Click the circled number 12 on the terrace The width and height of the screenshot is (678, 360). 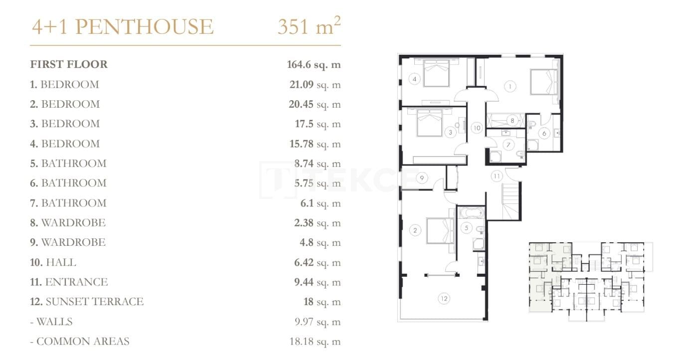tap(444, 299)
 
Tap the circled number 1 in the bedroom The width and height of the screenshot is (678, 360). tap(509, 87)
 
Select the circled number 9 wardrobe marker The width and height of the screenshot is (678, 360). tap(422, 178)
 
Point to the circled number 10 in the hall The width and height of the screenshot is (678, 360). tap(477, 128)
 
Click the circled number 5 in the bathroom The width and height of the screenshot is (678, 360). tap(466, 228)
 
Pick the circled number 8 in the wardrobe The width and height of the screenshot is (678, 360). tap(512, 121)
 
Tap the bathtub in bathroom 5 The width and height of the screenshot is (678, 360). tap(471, 212)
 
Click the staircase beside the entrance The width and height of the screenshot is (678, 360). tap(511, 201)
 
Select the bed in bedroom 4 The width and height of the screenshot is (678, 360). tap(436, 73)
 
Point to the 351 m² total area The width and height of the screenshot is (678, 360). tap(309, 26)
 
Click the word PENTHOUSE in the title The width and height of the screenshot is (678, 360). tap(144, 26)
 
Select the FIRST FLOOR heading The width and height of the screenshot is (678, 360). tap(69, 64)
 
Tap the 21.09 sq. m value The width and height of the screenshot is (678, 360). tap(315, 84)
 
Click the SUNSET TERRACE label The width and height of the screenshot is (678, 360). tap(94, 302)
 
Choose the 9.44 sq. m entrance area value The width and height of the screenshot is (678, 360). tap(317, 282)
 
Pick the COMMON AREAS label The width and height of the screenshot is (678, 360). tap(83, 341)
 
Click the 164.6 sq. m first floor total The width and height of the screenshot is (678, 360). tap(314, 64)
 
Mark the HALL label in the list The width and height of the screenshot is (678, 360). tap(60, 262)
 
